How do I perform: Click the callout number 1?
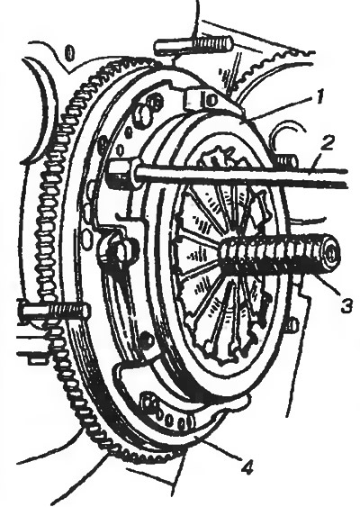click(319, 97)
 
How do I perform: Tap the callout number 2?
click(328, 143)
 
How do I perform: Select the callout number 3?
click(346, 305)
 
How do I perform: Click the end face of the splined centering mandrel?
click(330, 256)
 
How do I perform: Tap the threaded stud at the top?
click(193, 46)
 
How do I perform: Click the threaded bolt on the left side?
click(55, 312)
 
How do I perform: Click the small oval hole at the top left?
click(70, 52)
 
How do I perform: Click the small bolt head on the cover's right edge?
click(292, 326)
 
